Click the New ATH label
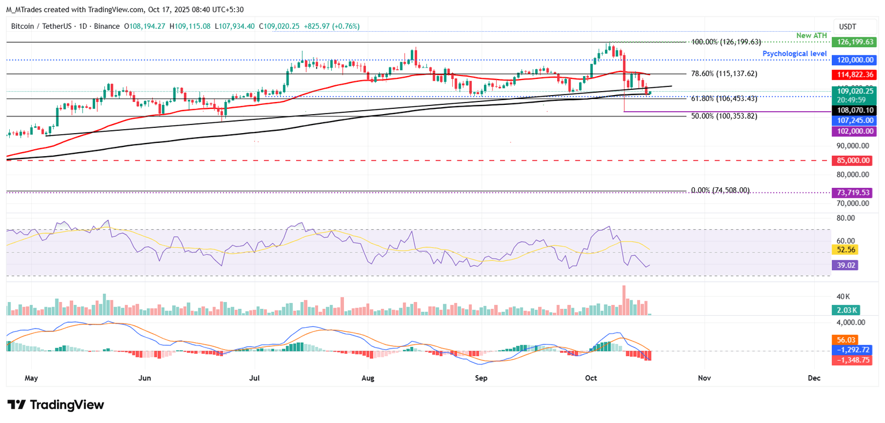coord(811,36)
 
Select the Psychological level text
coord(795,54)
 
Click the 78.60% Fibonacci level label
coord(724,74)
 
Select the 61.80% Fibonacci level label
coord(724,99)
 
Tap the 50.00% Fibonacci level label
coord(724,116)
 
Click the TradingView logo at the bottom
coord(55,405)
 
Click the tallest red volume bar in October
coord(623,300)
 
